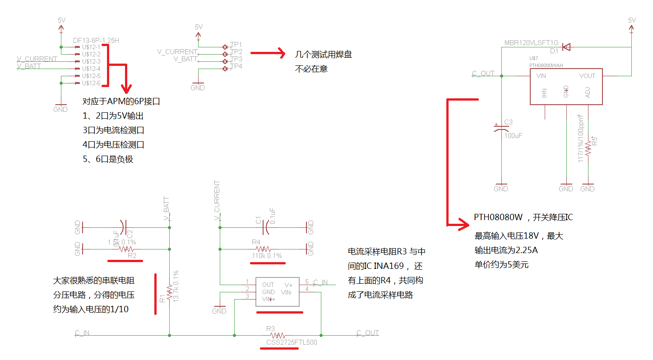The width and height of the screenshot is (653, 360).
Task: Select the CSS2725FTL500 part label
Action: (292, 342)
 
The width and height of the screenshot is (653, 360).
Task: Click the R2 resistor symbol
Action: (126, 249)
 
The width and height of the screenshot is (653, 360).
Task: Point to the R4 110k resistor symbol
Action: (264, 249)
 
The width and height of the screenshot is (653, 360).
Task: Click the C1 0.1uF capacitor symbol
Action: (265, 227)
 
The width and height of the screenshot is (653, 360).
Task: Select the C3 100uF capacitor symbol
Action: (501, 128)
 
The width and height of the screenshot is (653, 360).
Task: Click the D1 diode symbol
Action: (567, 46)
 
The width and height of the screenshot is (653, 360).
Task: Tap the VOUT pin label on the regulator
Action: (587, 76)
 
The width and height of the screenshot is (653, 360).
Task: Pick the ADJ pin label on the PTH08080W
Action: (587, 93)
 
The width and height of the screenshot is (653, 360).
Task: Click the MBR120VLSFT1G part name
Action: (531, 43)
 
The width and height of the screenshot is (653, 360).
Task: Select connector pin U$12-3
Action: (91, 61)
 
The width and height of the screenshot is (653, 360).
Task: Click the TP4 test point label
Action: (236, 66)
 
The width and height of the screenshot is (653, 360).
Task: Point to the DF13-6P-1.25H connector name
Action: (96, 40)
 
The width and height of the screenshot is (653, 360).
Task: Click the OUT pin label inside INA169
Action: (268, 285)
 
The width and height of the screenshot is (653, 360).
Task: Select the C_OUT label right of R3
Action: (368, 333)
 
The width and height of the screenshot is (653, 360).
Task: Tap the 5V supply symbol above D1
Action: (632, 25)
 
